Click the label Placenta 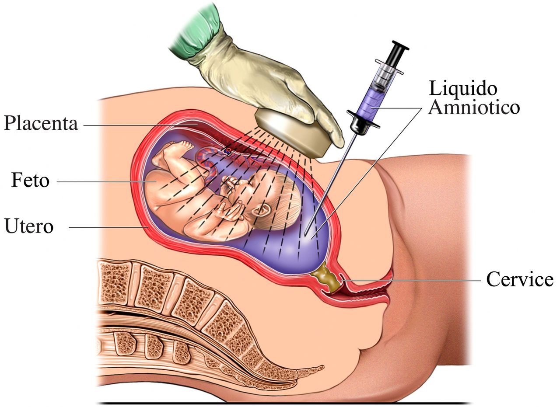(x=41, y=123)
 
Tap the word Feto (x=30, y=180)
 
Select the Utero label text (x=29, y=226)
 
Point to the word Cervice (x=520, y=279)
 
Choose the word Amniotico (x=474, y=107)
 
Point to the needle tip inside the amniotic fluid (x=305, y=234)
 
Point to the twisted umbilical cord (x=208, y=165)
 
